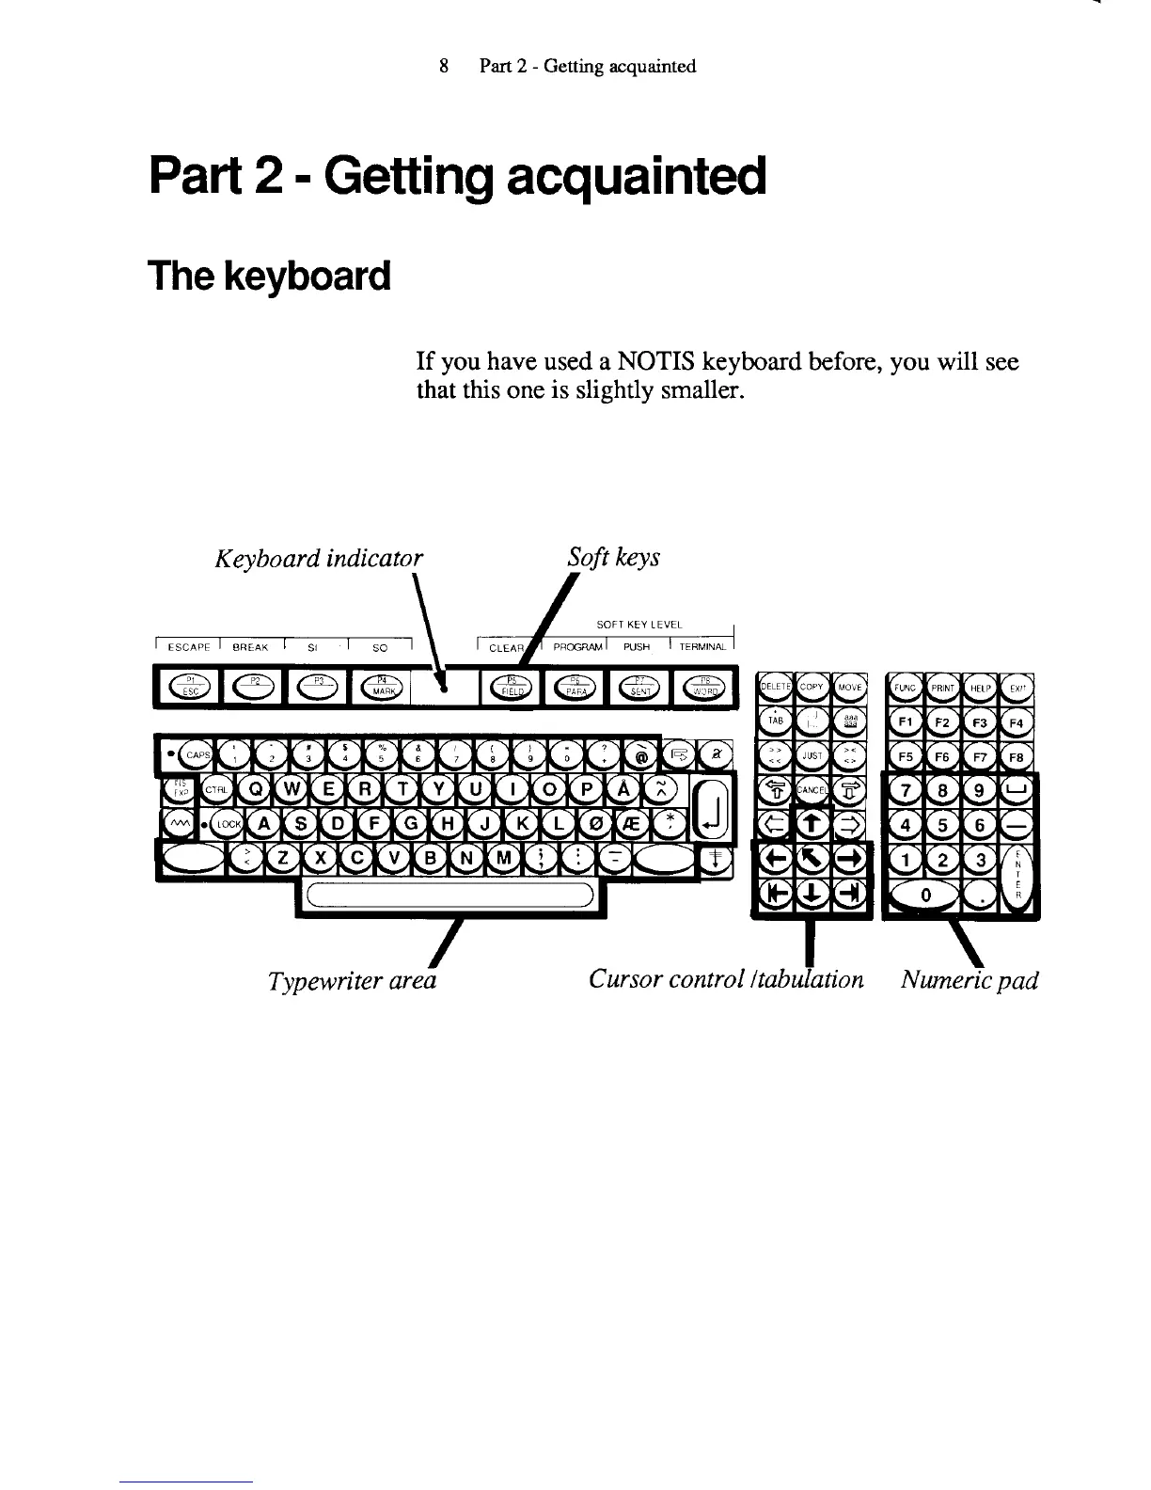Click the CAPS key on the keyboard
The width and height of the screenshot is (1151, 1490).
pos(197,753)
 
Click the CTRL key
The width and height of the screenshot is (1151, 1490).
pos(214,789)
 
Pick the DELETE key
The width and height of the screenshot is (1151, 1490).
pos(775,688)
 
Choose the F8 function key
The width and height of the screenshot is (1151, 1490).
pos(1016,757)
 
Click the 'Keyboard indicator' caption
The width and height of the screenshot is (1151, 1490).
pos(319,559)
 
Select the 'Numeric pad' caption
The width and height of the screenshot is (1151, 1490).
pos(969,980)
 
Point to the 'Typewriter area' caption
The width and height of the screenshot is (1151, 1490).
pos(352,981)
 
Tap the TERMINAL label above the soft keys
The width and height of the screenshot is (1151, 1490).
pos(702,647)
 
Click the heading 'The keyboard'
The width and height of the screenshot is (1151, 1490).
pos(269,277)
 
